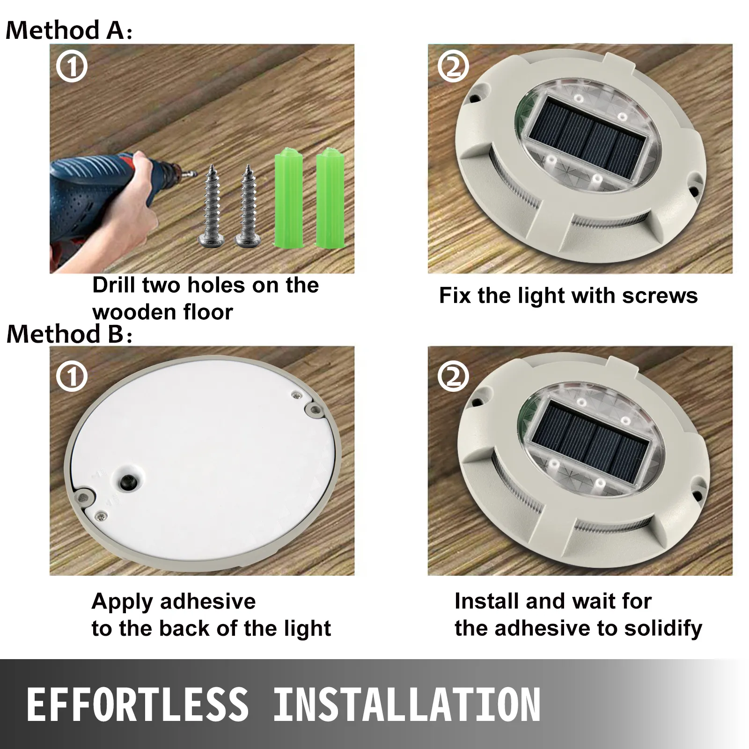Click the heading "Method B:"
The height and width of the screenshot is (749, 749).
[x=69, y=334]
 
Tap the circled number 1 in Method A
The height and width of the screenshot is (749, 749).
[x=72, y=67]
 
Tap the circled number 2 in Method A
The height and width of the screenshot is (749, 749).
[x=453, y=67]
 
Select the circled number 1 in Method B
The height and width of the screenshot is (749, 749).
[x=72, y=376]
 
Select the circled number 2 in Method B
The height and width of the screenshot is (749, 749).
[x=453, y=376]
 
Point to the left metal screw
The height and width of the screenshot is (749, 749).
[x=211, y=206]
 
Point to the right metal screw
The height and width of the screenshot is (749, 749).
[x=247, y=206]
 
